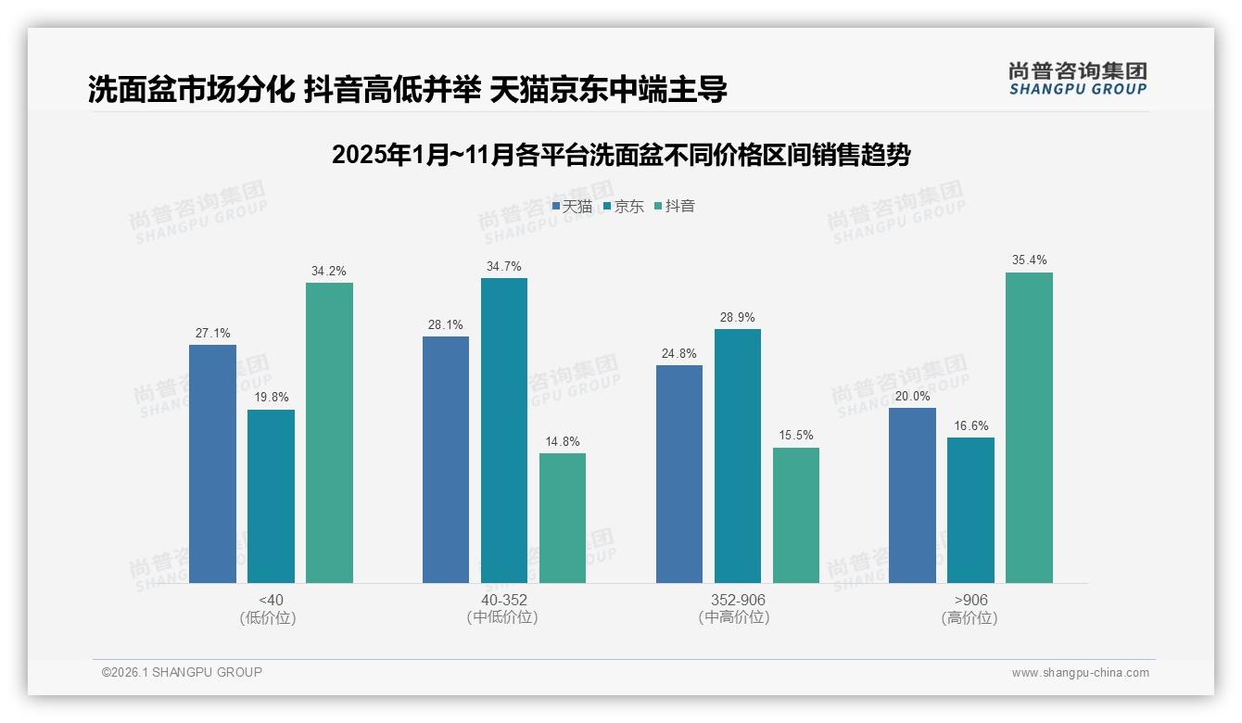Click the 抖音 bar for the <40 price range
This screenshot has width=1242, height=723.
pyautogui.click(x=329, y=433)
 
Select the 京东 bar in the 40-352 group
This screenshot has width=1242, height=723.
pyautogui.click(x=503, y=430)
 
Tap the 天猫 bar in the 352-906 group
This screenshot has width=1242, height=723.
pyautogui.click(x=678, y=474)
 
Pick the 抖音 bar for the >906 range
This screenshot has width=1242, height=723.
pyautogui.click(x=1029, y=427)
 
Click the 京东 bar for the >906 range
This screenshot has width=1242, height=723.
pyautogui.click(x=970, y=510)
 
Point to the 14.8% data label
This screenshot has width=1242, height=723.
pyautogui.click(x=562, y=442)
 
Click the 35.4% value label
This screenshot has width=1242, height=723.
pyautogui.click(x=1029, y=260)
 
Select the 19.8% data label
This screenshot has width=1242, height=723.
pyautogui.click(x=271, y=398)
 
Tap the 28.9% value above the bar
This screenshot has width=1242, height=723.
pyautogui.click(x=737, y=318)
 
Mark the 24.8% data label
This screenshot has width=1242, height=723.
pyautogui.click(x=678, y=354)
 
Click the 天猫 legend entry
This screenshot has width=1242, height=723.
pyautogui.click(x=572, y=207)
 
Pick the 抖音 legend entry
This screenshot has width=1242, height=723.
pyautogui.click(x=675, y=207)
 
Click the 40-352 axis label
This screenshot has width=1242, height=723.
pyautogui.click(x=503, y=601)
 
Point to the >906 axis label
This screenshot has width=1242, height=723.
pyautogui.click(x=970, y=601)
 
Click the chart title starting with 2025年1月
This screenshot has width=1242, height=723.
pyautogui.click(x=620, y=155)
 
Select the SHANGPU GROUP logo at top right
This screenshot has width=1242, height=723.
pyautogui.click(x=1077, y=78)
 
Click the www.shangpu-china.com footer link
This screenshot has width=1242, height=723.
pyautogui.click(x=1080, y=673)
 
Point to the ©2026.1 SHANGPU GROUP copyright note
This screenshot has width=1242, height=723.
pyautogui.click(x=182, y=672)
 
